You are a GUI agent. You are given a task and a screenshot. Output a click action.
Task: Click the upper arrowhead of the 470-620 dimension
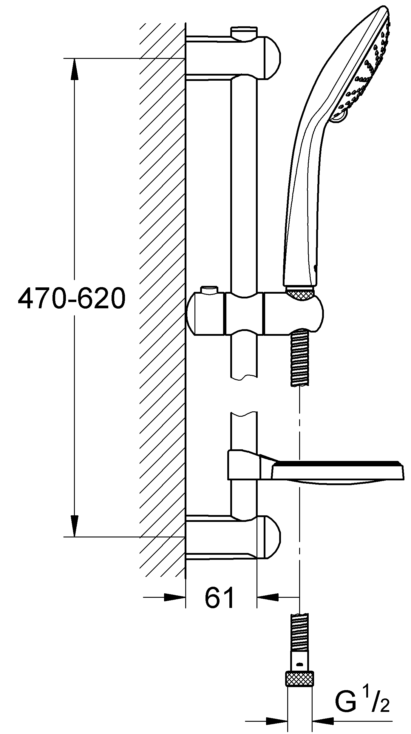click(74, 69)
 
